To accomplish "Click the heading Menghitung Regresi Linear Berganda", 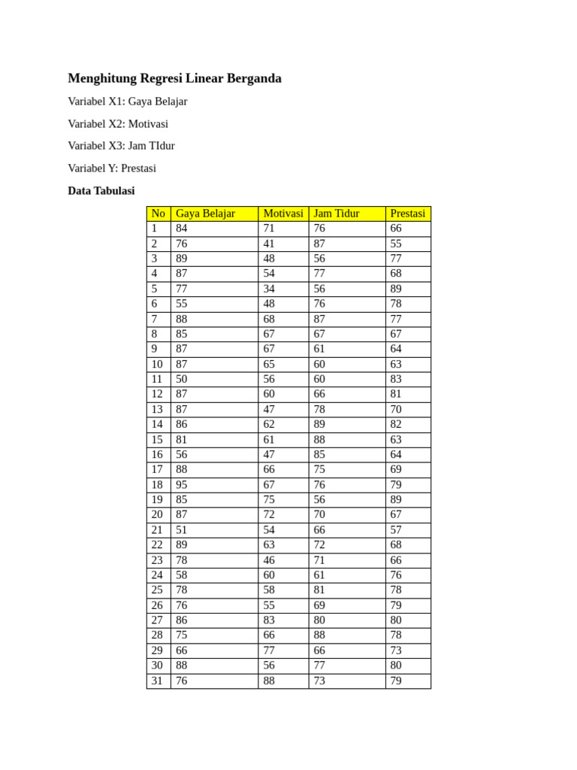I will tap(174, 78).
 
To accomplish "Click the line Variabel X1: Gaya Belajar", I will tap(128, 102).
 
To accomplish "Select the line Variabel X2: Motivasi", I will tap(118, 124).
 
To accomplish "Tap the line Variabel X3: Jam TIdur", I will tap(121, 146).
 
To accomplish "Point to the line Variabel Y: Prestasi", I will tap(112, 168).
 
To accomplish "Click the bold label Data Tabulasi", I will tap(101, 191).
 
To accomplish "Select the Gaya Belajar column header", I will tap(205, 214).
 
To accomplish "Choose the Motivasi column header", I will tap(283, 214).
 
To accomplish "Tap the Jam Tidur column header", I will tap(337, 214).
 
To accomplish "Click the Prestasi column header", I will tap(408, 214).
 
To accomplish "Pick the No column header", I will tap(159, 214).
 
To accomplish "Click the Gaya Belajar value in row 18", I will tap(182, 485).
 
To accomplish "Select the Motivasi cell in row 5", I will tap(269, 289).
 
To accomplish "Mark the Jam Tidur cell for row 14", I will tap(319, 424).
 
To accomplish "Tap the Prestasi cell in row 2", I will tap(396, 244).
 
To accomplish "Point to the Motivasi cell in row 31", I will tap(269, 681).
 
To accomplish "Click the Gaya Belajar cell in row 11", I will tap(182, 379).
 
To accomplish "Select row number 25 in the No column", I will tap(157, 590).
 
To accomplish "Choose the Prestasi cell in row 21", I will tap(396, 530).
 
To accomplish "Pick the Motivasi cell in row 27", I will tap(269, 620).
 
